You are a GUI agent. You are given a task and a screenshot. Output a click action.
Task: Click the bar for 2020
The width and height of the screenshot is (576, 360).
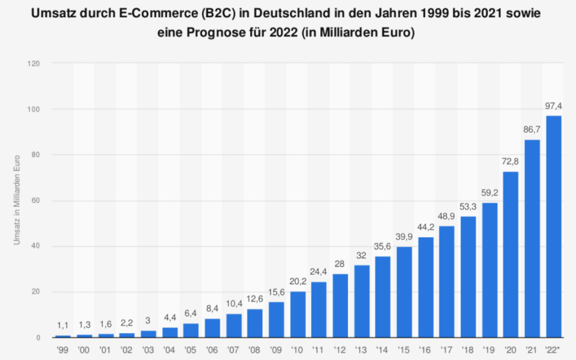[x=511, y=254]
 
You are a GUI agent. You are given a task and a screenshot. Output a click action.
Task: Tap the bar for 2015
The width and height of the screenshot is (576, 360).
[x=404, y=292]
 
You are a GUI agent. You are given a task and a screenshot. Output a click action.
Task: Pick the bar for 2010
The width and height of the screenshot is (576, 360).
[x=298, y=314]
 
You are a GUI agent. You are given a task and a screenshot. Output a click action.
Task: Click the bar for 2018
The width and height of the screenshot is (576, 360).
[x=468, y=277]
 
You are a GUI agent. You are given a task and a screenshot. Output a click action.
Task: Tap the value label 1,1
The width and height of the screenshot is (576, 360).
[x=63, y=326]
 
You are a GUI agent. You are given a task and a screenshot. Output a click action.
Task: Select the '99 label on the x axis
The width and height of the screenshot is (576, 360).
[x=63, y=349]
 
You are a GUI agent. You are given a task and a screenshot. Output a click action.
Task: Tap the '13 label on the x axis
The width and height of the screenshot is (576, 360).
[x=362, y=349]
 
